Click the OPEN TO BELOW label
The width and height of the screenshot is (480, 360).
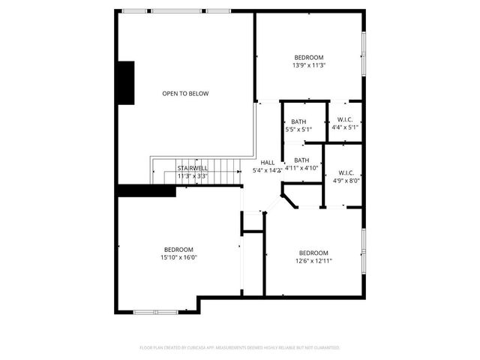[x=185, y=94]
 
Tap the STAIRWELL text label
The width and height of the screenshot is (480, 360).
[x=193, y=169]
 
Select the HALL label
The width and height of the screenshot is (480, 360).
[x=267, y=163]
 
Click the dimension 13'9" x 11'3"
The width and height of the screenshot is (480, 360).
[x=308, y=65]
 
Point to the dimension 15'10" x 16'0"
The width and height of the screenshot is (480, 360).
[x=178, y=257]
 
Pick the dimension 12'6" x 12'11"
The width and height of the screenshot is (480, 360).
[x=313, y=260]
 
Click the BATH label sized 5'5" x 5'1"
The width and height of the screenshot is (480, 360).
[x=298, y=121]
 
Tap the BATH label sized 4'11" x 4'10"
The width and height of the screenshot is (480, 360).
[x=301, y=160]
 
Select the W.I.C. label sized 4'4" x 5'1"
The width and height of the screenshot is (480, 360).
[x=345, y=120]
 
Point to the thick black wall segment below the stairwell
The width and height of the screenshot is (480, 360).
[x=145, y=190]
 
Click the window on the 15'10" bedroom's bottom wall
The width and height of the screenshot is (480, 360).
[x=155, y=311]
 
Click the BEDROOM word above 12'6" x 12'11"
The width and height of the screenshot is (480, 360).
[x=313, y=253]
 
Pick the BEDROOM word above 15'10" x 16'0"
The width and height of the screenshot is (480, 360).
[x=178, y=250]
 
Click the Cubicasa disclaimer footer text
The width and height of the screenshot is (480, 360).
[x=240, y=348]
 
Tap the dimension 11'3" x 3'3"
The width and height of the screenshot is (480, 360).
[x=193, y=176]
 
